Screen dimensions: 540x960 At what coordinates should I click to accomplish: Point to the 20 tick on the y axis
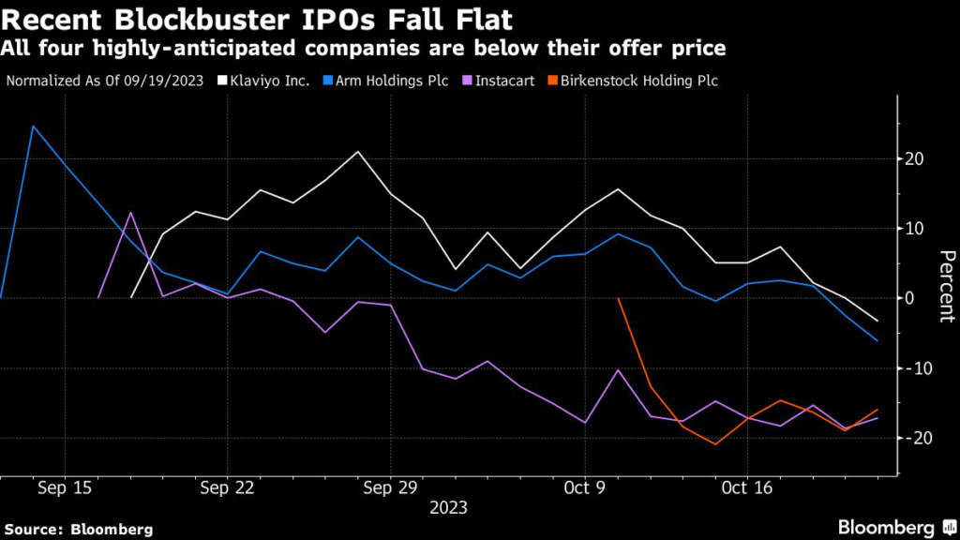click(916, 158)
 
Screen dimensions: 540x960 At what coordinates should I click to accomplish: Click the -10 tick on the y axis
click(914, 367)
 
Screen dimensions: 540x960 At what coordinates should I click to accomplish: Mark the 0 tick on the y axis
click(910, 298)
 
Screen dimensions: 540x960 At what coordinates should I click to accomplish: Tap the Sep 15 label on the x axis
click(65, 488)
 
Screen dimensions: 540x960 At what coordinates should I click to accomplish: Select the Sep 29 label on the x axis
click(389, 488)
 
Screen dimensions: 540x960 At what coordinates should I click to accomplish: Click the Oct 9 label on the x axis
click(585, 488)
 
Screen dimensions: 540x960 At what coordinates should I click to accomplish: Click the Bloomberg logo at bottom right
click(887, 526)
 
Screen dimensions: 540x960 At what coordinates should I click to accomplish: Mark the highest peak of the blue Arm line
click(33, 126)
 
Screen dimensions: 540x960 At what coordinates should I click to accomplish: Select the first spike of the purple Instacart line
click(131, 213)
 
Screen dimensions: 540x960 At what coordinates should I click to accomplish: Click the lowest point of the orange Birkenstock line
click(715, 444)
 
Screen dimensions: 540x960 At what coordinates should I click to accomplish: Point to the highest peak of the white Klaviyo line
click(357, 151)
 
